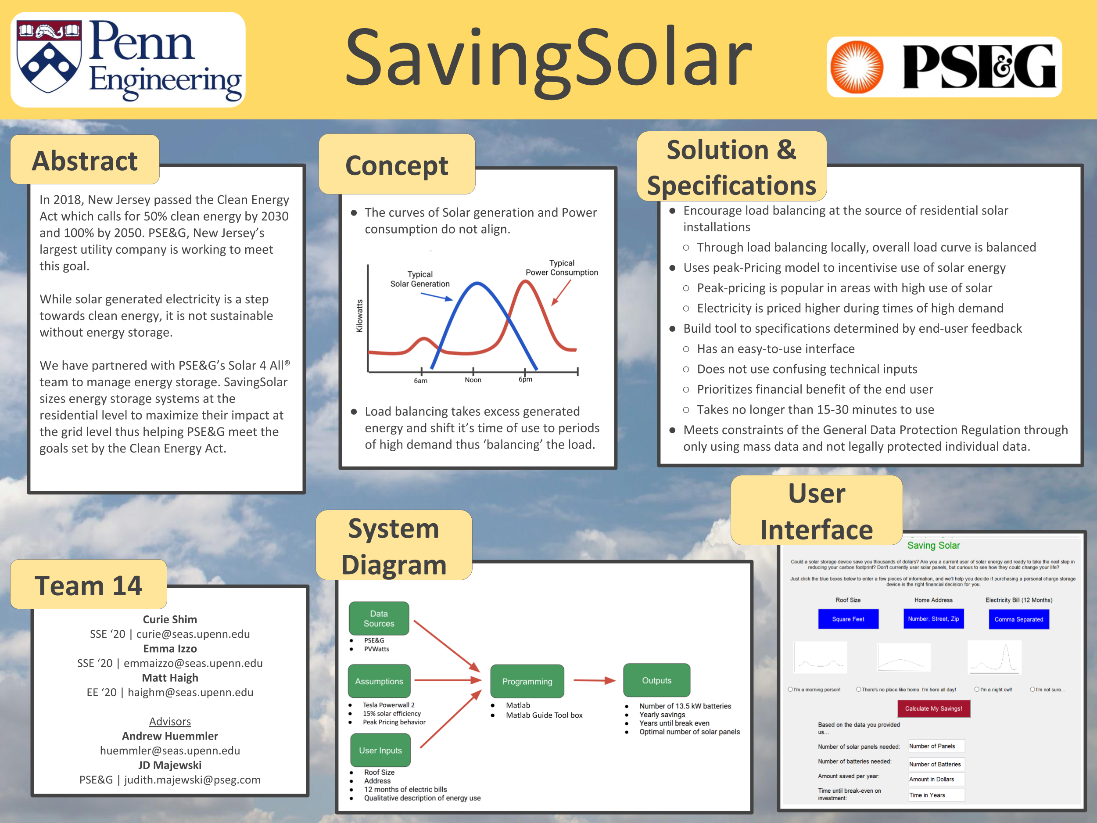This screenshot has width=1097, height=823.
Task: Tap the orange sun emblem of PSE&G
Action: point(857,67)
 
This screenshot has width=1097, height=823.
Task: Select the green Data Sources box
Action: point(379,618)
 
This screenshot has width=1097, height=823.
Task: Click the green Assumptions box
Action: point(379,681)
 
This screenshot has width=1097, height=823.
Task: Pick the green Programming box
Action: point(527,681)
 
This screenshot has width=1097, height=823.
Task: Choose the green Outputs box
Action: point(656,680)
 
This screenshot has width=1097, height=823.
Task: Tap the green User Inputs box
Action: point(380,750)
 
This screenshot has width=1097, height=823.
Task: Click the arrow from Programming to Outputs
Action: point(594,681)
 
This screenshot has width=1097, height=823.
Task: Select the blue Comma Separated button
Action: point(1018,619)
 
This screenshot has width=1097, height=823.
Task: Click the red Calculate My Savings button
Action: point(933,708)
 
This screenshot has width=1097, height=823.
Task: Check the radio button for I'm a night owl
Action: point(976,689)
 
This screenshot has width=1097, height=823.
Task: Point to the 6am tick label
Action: point(420,381)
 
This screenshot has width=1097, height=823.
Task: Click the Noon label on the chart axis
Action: point(473,380)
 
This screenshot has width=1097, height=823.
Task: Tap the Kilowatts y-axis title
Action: point(359,316)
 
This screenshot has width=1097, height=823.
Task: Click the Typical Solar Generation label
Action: point(419,279)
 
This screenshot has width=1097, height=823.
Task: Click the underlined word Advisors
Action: point(170,721)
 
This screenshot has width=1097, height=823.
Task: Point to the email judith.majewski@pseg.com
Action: point(192,780)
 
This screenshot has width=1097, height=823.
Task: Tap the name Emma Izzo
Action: point(170,648)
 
